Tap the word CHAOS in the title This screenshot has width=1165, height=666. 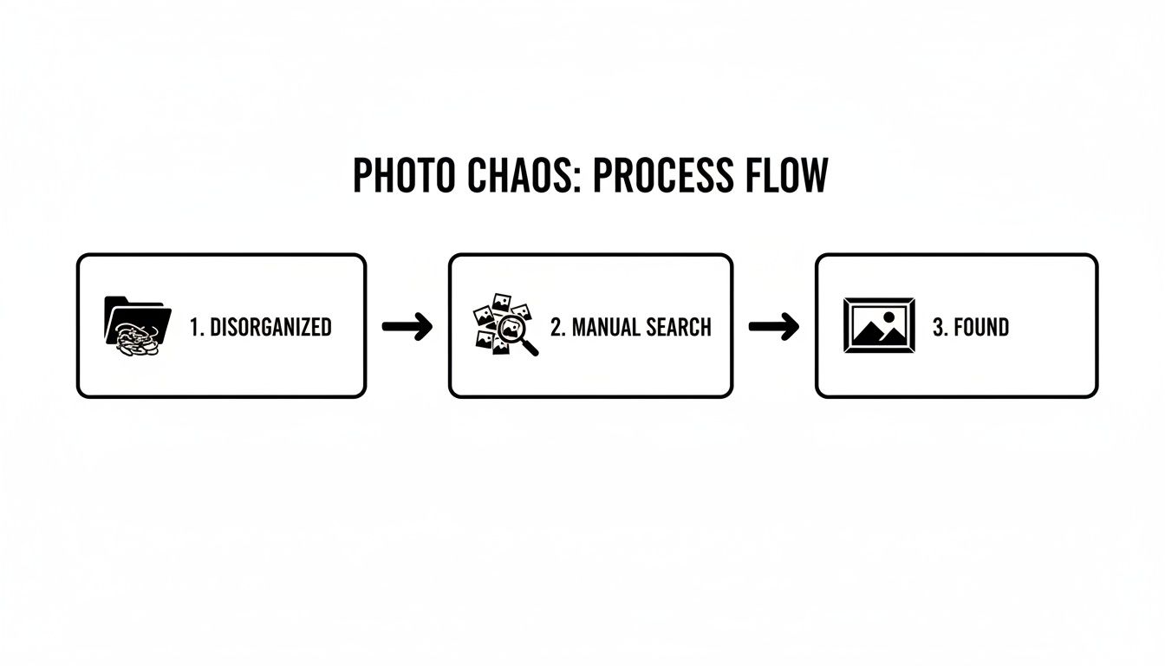pyautogui.click(x=507, y=176)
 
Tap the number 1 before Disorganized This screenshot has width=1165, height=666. pyautogui.click(x=194, y=327)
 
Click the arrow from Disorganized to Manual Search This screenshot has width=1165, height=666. pyautogui.click(x=407, y=327)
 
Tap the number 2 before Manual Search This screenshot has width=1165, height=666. pyautogui.click(x=556, y=327)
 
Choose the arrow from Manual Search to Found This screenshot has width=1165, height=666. pyautogui.click(x=773, y=327)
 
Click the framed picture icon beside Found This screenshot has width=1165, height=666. pyautogui.click(x=879, y=325)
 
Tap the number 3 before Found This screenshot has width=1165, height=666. pyautogui.click(x=938, y=327)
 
